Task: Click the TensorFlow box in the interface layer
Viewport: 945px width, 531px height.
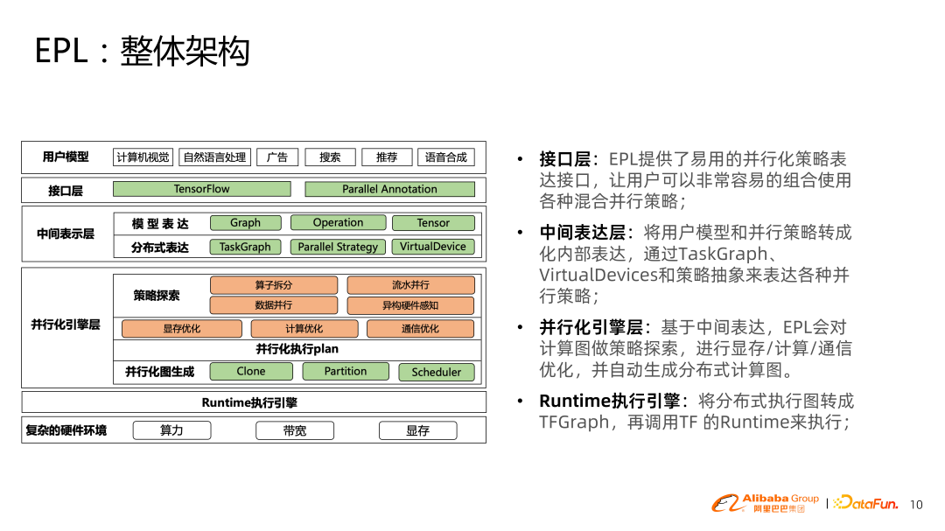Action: pyautogui.click(x=201, y=189)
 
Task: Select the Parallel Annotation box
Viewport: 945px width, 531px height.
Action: pyautogui.click(x=389, y=189)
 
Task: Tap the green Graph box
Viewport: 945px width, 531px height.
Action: pyautogui.click(x=246, y=223)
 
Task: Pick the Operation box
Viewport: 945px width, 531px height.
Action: pyautogui.click(x=338, y=223)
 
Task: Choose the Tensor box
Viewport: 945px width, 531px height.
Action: pyautogui.click(x=433, y=223)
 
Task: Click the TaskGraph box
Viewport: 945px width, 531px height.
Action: pyautogui.click(x=245, y=247)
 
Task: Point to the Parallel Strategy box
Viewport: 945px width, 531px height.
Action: pyautogui.click(x=338, y=247)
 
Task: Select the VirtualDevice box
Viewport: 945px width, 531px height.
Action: pyautogui.click(x=433, y=247)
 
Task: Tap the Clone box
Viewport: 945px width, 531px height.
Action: pyautogui.click(x=251, y=372)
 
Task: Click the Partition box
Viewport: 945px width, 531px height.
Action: pyautogui.click(x=346, y=372)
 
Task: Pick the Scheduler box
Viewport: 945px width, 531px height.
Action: pyautogui.click(x=436, y=372)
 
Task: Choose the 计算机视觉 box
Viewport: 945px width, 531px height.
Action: pyautogui.click(x=143, y=157)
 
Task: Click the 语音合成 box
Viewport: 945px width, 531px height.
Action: pyautogui.click(x=445, y=157)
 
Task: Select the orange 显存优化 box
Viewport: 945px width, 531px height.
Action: pyautogui.click(x=181, y=329)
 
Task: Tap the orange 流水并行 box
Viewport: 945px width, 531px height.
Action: pyautogui.click(x=410, y=285)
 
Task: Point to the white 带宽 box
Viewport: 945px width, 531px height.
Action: pyautogui.click(x=295, y=430)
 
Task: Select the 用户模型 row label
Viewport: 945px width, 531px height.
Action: pyautogui.click(x=66, y=157)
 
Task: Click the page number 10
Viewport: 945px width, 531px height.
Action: pyautogui.click(x=916, y=505)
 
